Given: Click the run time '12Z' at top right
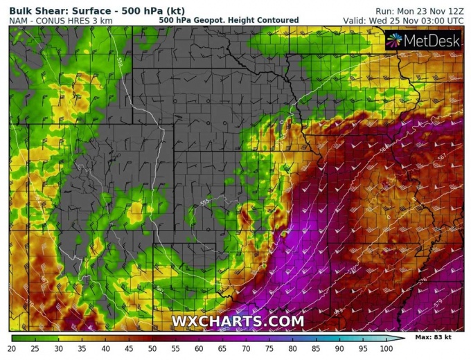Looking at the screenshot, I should tap(454, 10).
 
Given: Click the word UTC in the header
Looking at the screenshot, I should tap(454, 21).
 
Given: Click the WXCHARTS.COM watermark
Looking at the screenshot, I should tap(238, 321).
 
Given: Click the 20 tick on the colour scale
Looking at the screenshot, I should tap(12, 348).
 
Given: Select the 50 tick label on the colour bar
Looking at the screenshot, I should tap(152, 348).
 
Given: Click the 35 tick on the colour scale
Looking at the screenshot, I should tap(82, 348).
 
